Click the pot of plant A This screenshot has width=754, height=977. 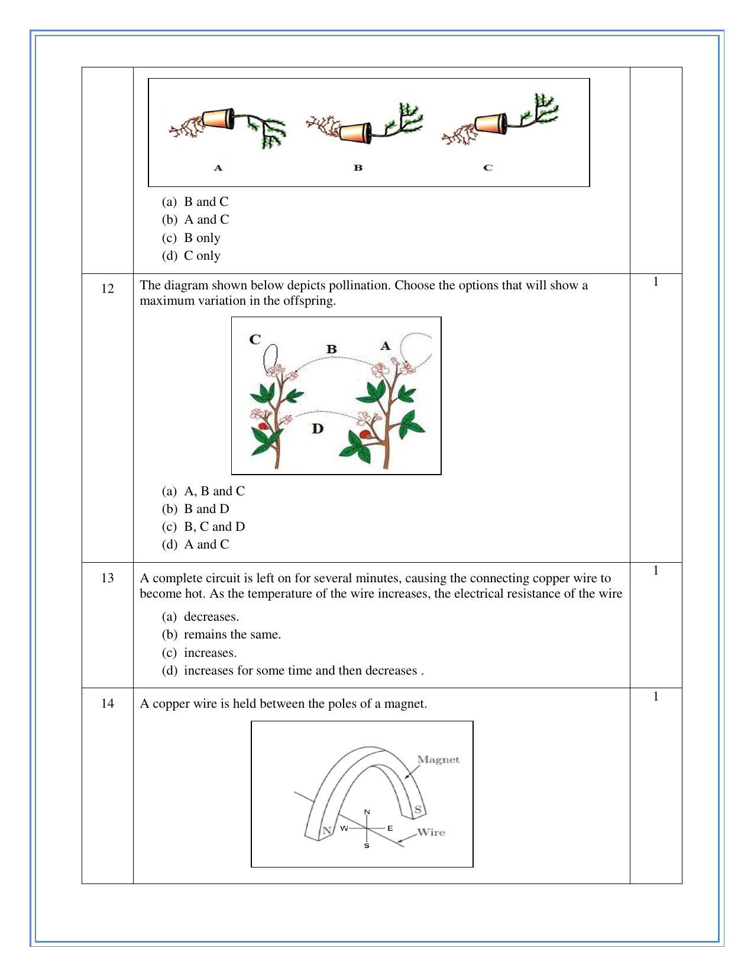(x=218, y=119)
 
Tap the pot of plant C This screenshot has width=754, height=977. (x=491, y=123)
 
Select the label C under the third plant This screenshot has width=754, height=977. (x=488, y=167)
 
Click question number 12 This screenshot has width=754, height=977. (x=108, y=289)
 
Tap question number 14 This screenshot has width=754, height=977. (x=108, y=704)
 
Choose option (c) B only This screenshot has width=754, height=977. (x=202, y=238)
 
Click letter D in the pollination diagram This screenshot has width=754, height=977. (x=318, y=428)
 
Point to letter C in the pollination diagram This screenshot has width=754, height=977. (x=255, y=340)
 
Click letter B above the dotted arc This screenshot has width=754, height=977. (x=331, y=349)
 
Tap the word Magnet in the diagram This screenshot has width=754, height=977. (x=438, y=760)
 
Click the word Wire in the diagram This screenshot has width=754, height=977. (x=431, y=833)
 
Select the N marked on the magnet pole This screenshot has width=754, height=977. (x=325, y=831)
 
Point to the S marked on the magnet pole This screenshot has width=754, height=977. (x=418, y=810)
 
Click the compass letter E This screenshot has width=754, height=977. (x=390, y=828)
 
